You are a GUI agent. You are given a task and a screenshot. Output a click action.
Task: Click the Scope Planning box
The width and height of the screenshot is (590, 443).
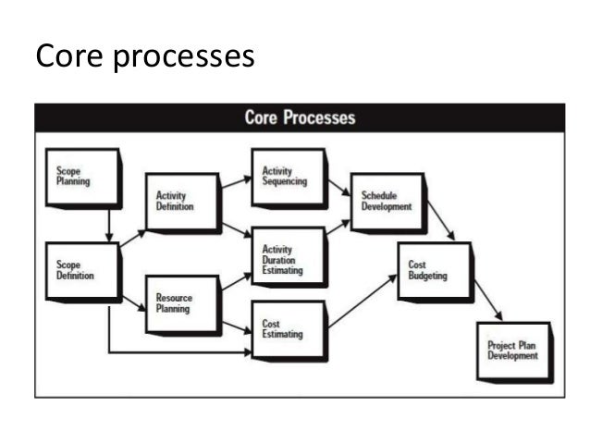click(x=82, y=177)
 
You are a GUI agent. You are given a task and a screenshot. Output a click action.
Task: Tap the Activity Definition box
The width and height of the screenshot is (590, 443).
click(x=182, y=201)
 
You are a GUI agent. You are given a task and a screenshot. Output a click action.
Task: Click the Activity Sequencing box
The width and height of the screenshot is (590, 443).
click(x=288, y=176)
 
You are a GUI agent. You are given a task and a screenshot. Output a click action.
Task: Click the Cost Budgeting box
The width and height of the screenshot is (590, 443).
click(x=432, y=269)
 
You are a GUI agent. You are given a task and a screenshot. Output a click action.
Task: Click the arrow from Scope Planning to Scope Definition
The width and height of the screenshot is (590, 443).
click(x=109, y=224)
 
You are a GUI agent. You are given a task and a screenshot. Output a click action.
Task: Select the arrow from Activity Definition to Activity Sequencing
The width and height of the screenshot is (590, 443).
click(x=236, y=180)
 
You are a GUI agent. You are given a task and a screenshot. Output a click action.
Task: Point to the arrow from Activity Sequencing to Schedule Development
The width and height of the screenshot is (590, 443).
click(x=338, y=188)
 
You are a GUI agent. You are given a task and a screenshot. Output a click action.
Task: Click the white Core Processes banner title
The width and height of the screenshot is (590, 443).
click(x=300, y=118)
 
